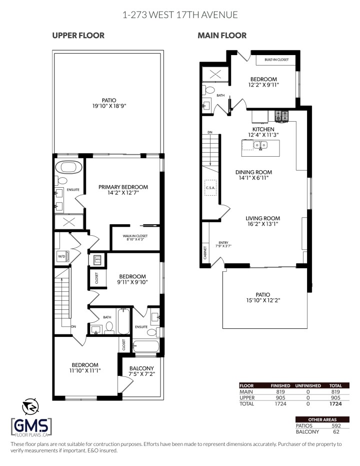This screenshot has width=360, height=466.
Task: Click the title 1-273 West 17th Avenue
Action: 179,15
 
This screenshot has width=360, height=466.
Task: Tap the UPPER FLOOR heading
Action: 78,36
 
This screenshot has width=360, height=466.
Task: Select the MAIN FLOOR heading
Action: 222,36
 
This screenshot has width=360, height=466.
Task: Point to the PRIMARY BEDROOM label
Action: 123,187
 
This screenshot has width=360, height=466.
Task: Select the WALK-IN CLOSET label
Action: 135,237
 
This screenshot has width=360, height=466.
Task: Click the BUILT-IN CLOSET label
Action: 276,60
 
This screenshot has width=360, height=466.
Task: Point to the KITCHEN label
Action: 263,130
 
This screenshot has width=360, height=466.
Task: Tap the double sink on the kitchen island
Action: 260,146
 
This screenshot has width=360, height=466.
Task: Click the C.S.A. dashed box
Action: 210,188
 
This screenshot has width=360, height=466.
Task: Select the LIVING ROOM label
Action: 262,218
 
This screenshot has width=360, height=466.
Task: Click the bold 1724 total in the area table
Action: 335,403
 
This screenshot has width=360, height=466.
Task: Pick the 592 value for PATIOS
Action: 336,426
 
